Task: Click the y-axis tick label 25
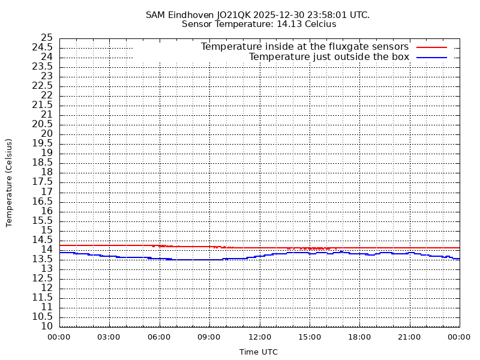coord(47,38)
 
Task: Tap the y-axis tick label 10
coord(47,326)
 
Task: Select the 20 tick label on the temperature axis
coord(47,134)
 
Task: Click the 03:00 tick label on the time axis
coord(109,337)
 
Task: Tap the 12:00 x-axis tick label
coord(259,337)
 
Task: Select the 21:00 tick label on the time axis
coord(409,337)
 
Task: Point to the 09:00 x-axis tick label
coord(209,337)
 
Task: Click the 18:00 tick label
coord(359,337)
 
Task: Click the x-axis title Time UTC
coord(259,352)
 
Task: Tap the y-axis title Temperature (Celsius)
coord(9,182)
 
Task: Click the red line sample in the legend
coord(431,47)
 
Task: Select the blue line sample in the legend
coord(431,57)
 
